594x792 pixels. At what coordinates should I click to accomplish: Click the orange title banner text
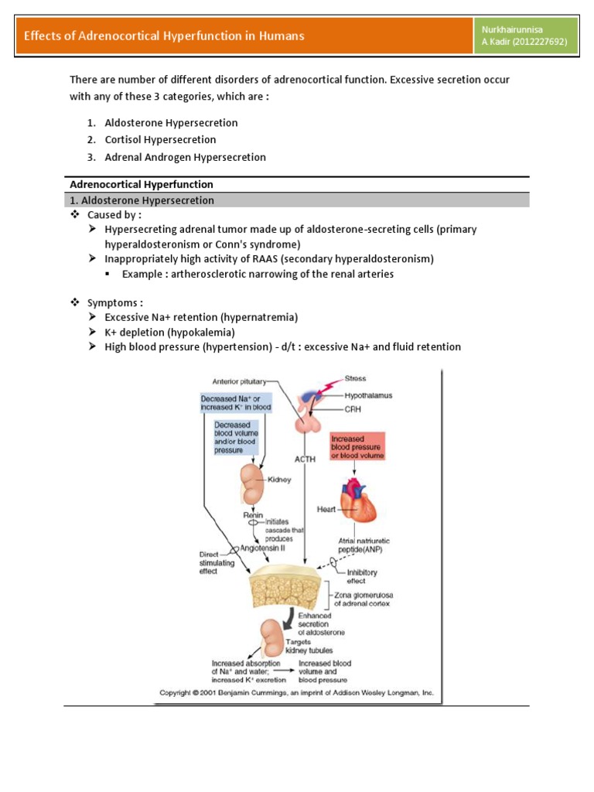pos(164,36)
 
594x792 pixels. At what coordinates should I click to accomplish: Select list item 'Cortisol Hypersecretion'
pos(160,140)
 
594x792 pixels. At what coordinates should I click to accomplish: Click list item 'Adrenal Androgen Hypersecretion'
pos(185,157)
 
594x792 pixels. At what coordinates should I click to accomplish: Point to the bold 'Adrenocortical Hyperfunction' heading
pos(142,185)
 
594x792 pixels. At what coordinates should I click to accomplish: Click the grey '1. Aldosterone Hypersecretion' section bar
pos(296,200)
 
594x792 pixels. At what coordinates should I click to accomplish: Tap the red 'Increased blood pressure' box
pos(357,446)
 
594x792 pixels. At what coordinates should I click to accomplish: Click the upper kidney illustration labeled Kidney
pos(254,483)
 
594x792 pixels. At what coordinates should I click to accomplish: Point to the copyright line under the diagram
pos(298,694)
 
